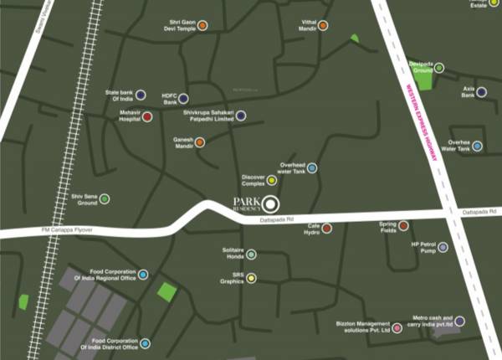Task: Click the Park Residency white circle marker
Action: pos(270,203)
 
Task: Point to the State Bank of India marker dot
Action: pos(141,95)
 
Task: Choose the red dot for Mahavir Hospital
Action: pos(147,117)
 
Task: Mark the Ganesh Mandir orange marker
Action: pos(199,141)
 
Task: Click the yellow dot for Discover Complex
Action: pos(272,179)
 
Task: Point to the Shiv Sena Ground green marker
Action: pos(105,199)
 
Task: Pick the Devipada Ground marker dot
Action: pos(438,68)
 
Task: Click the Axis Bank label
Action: pos(469,90)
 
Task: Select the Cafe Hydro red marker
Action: pos(327,228)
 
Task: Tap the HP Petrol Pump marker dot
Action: pos(443,247)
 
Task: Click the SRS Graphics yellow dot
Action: pos(251,278)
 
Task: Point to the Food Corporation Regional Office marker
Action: pos(143,274)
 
